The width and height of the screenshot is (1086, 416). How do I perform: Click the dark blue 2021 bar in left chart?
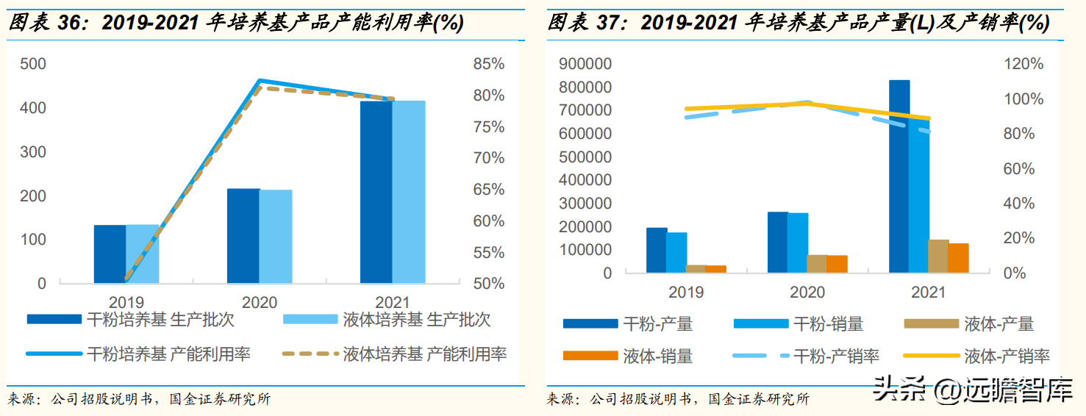[376, 193]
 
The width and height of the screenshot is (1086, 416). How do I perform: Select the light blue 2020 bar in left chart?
[276, 237]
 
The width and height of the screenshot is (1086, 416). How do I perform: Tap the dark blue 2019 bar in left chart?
[110, 254]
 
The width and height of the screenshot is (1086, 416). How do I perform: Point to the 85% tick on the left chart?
[489, 64]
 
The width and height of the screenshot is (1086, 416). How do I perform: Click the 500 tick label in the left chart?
[32, 64]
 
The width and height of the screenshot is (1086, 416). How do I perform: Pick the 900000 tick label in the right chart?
[585, 64]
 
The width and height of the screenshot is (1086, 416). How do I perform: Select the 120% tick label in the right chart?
[1024, 64]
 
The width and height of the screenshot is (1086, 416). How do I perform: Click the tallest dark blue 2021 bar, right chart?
[899, 176]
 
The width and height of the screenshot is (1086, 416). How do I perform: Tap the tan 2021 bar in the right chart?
[938, 256]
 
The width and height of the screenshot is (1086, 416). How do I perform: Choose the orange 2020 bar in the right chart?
[837, 264]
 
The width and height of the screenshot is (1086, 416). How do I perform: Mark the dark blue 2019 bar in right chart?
[657, 250]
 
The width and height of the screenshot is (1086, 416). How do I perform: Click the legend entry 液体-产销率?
[1006, 356]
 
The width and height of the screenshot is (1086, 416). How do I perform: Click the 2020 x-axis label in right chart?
[807, 293]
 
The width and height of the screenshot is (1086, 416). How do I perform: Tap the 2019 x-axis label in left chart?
[126, 302]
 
